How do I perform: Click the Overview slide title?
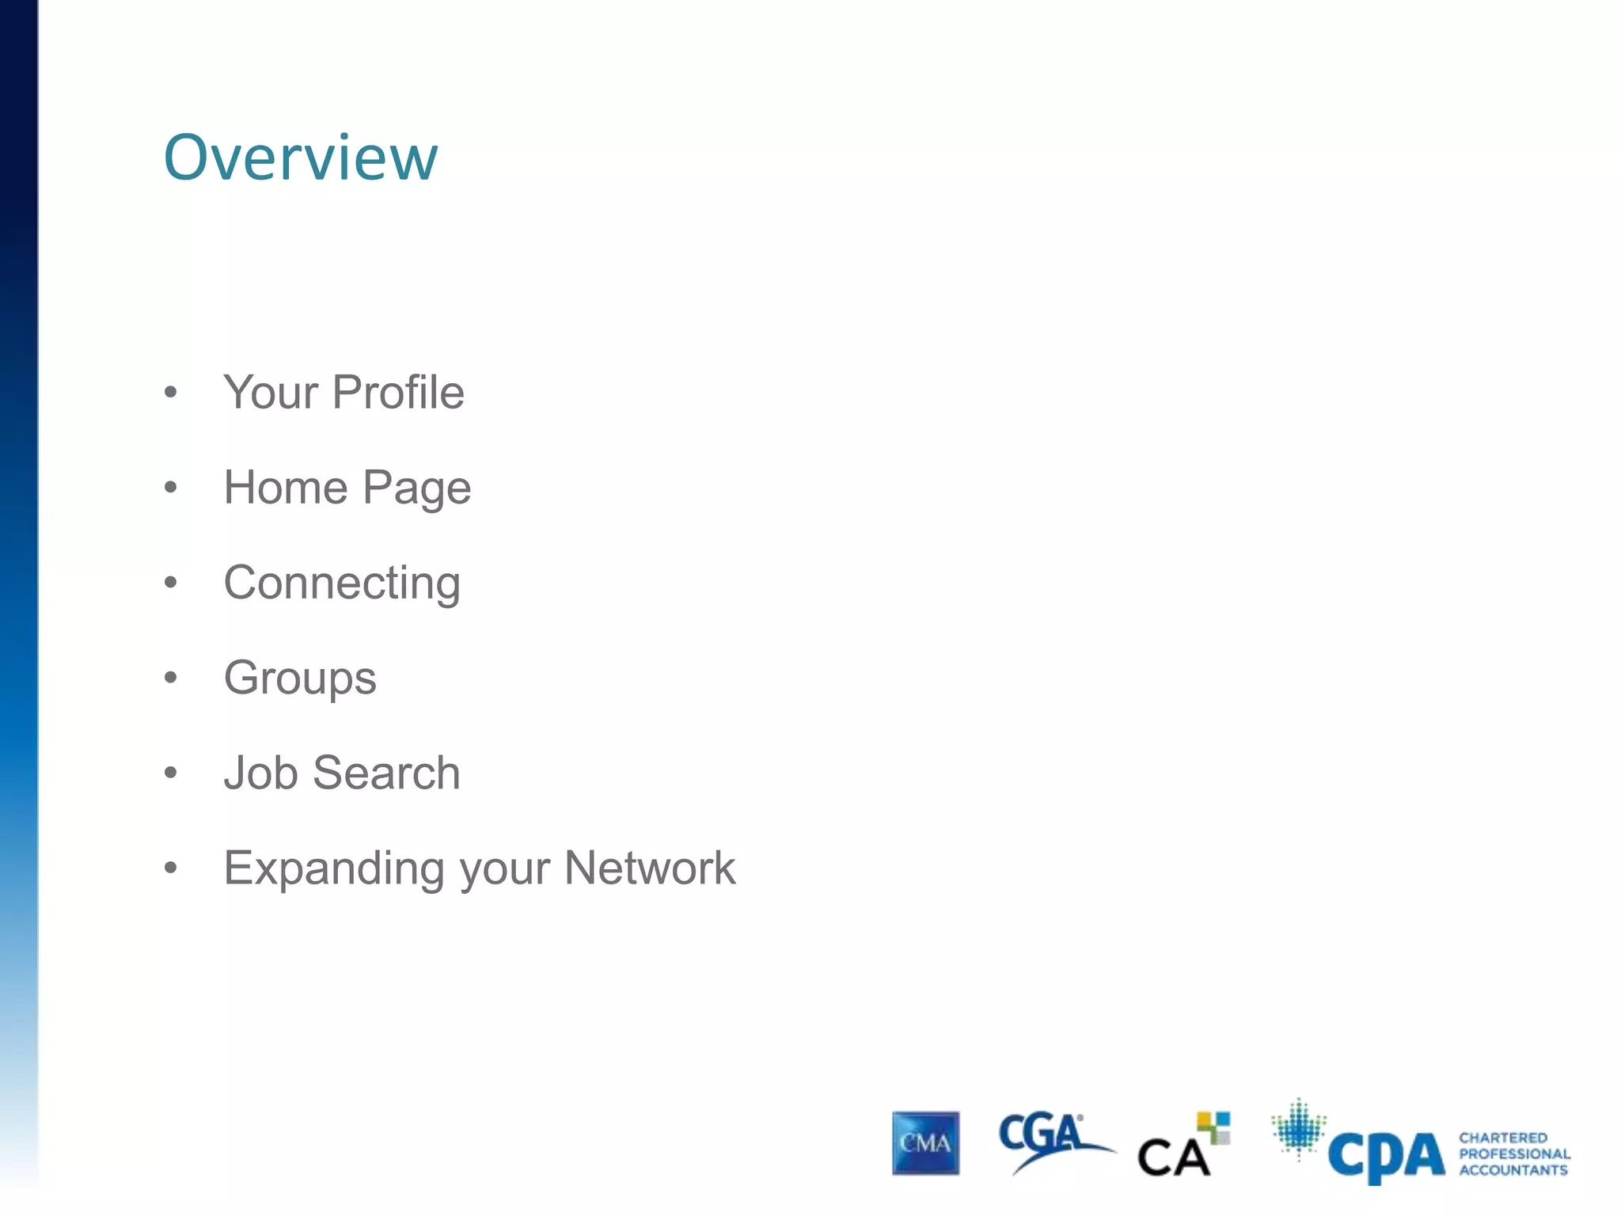[x=300, y=158]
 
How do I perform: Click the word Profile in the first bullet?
[x=398, y=392]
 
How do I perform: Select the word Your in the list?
[x=270, y=393]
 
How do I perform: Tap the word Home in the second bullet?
[x=286, y=487]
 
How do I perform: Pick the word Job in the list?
[x=260, y=773]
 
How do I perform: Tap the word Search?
[x=386, y=773]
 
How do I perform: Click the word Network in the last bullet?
[x=650, y=868]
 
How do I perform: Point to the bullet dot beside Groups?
[x=170, y=678]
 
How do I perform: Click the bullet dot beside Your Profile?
[x=170, y=392]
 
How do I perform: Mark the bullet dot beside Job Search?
[x=170, y=773]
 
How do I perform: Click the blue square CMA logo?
[x=925, y=1143]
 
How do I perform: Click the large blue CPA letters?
[x=1386, y=1157]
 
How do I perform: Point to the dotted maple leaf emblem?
[x=1298, y=1128]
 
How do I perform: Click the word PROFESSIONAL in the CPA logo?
[x=1514, y=1154]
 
